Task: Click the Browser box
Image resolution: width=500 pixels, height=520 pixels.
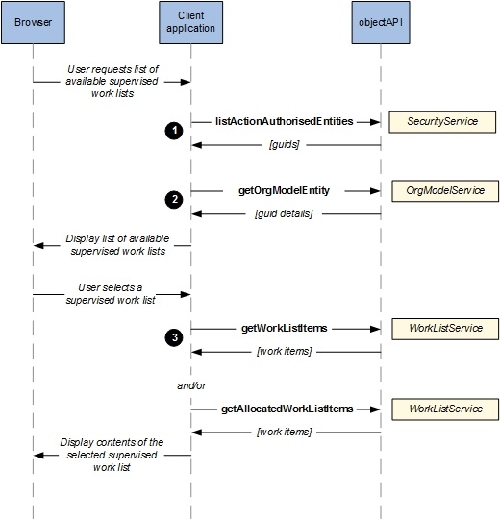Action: [33, 22]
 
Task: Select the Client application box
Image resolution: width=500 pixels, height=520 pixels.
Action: [190, 22]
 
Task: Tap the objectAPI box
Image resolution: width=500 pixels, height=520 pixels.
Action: [381, 22]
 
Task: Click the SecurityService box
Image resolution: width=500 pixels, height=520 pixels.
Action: [442, 122]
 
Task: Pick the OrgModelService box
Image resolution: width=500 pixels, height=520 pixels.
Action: [445, 191]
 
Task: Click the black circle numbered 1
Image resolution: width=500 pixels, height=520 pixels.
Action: [174, 131]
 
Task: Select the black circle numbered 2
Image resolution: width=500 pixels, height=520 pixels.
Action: [174, 200]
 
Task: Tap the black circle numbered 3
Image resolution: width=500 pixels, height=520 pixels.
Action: [174, 337]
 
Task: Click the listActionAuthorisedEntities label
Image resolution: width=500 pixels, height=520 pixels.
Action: [285, 121]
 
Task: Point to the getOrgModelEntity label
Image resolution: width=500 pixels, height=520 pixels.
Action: [284, 190]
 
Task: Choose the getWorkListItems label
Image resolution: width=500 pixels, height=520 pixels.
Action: [285, 328]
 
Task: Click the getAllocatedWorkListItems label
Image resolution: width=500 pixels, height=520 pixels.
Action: [287, 409]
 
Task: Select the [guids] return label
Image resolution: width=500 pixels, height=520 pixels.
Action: [285, 144]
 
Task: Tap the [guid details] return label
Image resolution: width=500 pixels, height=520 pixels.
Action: [284, 213]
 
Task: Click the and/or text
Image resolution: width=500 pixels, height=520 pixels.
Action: [191, 385]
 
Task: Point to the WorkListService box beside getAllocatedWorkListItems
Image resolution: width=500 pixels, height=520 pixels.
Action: [445, 409]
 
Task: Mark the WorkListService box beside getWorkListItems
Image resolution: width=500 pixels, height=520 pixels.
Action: [445, 329]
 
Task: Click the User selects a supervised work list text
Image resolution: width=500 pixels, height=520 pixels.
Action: [111, 293]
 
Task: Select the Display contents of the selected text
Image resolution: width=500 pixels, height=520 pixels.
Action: [112, 448]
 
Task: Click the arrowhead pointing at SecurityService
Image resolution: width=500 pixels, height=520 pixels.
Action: [375, 122]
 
